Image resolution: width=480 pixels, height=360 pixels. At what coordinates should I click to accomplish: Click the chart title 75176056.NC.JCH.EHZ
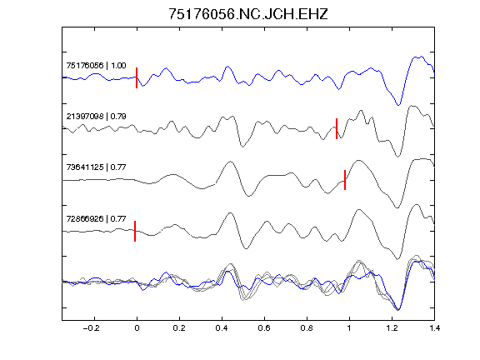point(248,14)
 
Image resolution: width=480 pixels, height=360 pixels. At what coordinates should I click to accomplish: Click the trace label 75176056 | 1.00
point(96,66)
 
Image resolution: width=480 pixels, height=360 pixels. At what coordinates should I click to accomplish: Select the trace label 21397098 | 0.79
point(96,117)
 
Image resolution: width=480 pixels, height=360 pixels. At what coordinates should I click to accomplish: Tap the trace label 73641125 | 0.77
point(96,167)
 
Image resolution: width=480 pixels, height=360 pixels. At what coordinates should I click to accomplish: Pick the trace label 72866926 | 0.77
point(96,218)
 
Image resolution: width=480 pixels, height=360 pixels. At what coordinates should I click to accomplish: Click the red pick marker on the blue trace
point(137,77)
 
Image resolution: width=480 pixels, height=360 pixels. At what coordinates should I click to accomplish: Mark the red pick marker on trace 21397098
point(337,128)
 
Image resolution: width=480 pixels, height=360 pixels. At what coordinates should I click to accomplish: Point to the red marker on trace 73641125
point(345,180)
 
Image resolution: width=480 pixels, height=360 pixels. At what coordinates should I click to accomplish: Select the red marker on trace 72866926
point(135,231)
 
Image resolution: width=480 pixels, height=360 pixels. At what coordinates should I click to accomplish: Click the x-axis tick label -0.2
point(91,328)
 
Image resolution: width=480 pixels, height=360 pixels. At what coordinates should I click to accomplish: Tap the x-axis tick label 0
point(137,328)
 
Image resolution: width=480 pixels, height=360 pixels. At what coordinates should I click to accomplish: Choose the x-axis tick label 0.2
point(179,328)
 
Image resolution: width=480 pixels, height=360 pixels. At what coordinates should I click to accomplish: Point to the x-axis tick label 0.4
point(222,328)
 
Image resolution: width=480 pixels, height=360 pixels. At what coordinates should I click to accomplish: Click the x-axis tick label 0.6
point(264,328)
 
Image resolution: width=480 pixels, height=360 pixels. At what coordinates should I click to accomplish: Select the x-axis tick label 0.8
point(307,328)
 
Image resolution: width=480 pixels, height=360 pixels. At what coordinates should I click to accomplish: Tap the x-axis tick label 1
point(349,328)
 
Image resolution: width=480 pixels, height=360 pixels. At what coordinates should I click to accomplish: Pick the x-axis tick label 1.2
point(392,328)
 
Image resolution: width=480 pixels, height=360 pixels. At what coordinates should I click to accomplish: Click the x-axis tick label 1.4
point(435,328)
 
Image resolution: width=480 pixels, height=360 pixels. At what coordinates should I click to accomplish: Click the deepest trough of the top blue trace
point(398,105)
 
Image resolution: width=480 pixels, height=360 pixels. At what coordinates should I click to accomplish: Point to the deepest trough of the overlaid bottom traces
point(398,310)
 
